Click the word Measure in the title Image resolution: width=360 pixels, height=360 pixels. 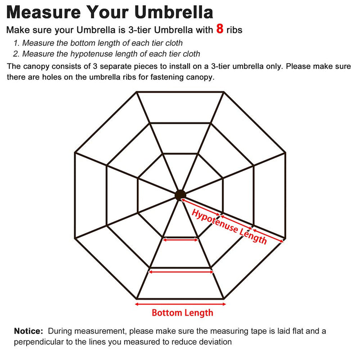click(x=44, y=12)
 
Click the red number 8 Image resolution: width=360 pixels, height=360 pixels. click(x=220, y=29)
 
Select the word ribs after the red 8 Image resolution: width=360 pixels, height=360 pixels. click(x=234, y=30)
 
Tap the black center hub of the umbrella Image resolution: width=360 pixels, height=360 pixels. click(x=180, y=195)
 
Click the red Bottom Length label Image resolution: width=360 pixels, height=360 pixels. click(x=183, y=313)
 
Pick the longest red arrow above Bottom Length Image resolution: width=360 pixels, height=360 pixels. click(x=180, y=304)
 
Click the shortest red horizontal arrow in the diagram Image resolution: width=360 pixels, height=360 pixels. click(x=180, y=240)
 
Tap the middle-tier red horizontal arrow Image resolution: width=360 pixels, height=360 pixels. click(x=181, y=272)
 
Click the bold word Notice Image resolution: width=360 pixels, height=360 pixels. click(x=28, y=331)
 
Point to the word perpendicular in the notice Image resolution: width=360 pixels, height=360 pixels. click(x=39, y=342)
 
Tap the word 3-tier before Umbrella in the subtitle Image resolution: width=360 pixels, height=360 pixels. click(x=140, y=30)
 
